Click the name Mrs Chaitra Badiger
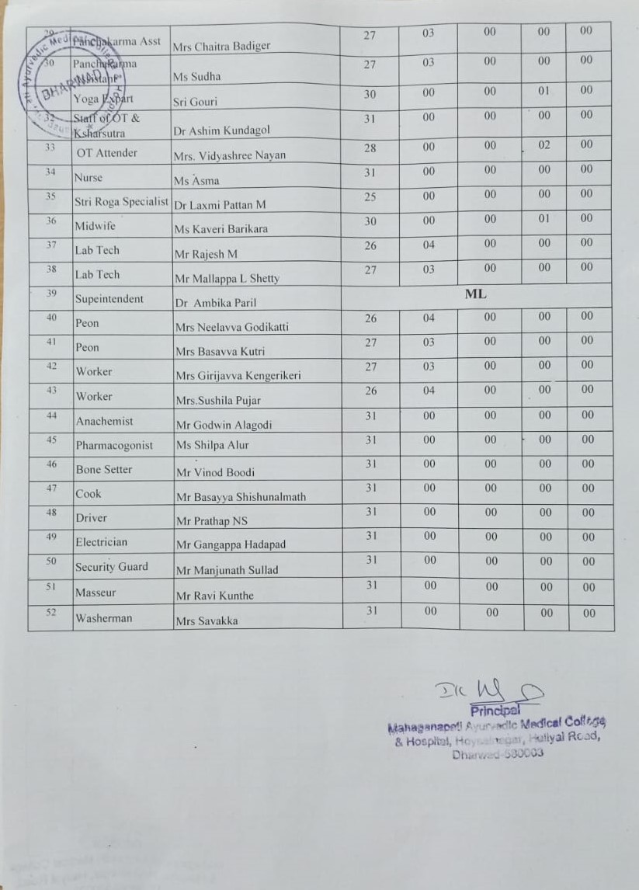pyautogui.click(x=221, y=46)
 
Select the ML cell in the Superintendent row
pyautogui.click(x=475, y=294)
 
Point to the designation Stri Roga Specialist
pyautogui.click(x=122, y=203)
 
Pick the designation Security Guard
pyautogui.click(x=111, y=567)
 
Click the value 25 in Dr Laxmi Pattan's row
pyautogui.click(x=370, y=196)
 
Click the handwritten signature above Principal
pyautogui.click(x=488, y=690)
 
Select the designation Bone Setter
pyautogui.click(x=104, y=469)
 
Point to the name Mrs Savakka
pyautogui.click(x=207, y=621)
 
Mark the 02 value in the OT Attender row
pyautogui.click(x=544, y=144)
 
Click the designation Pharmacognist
pyautogui.click(x=114, y=445)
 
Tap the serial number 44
pyautogui.click(x=50, y=416)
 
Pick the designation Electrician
pyautogui.click(x=101, y=542)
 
